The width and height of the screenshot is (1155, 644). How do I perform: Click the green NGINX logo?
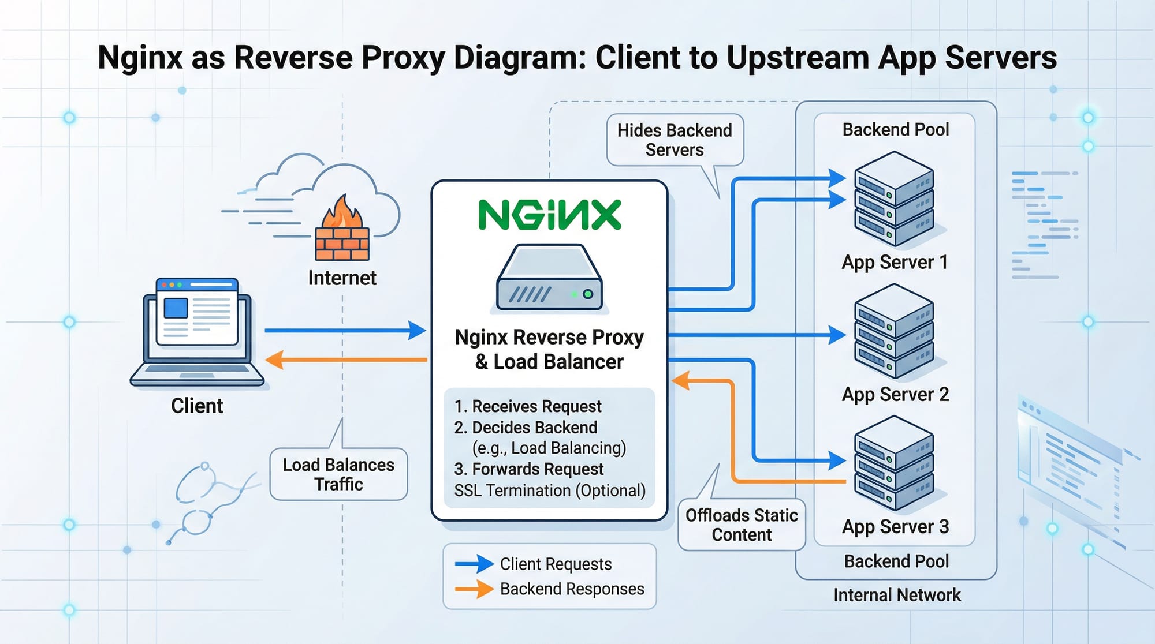pyautogui.click(x=549, y=215)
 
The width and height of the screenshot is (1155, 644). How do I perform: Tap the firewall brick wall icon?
pyautogui.click(x=342, y=244)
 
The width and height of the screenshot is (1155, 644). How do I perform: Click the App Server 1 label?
pyautogui.click(x=895, y=263)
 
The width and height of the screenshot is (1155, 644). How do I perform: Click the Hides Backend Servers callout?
pyautogui.click(x=675, y=140)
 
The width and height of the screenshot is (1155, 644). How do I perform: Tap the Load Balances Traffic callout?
pyautogui.click(x=338, y=474)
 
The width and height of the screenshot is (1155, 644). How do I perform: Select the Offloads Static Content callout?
pyautogui.click(x=742, y=525)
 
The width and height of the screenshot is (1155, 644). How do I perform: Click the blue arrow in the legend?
pyautogui.click(x=474, y=564)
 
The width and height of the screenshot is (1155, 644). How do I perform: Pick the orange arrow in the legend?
pyautogui.click(x=474, y=589)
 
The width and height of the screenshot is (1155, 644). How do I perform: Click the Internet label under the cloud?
pyautogui.click(x=342, y=278)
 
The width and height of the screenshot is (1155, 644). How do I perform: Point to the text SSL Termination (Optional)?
pyautogui.click(x=550, y=491)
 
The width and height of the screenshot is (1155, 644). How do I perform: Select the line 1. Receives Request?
pyautogui.click(x=528, y=406)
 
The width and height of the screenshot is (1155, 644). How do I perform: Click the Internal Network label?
pyautogui.click(x=897, y=595)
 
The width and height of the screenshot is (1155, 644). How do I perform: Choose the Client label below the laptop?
pyautogui.click(x=197, y=406)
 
